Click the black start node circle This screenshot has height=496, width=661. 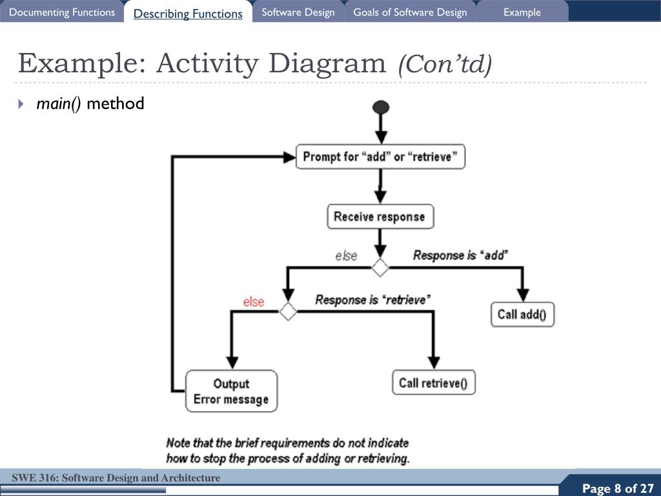[381, 107]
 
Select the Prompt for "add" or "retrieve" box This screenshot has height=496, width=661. [380, 157]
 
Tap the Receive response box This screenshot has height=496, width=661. [380, 216]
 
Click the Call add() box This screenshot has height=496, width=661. [522, 315]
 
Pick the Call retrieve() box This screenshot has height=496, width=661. [433, 383]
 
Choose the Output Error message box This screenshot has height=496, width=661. [231, 391]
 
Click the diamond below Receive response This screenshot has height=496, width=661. [380, 267]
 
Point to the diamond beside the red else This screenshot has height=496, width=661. [288, 311]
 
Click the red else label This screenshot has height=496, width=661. [254, 302]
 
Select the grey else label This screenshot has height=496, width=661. [346, 256]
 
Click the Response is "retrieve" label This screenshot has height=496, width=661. [372, 300]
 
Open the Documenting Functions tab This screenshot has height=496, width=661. [62, 12]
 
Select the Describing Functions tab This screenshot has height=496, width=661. [188, 14]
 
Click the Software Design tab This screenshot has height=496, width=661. [298, 12]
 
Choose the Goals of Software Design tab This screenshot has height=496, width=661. [410, 12]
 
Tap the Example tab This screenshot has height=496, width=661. [522, 12]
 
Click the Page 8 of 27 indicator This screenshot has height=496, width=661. [618, 488]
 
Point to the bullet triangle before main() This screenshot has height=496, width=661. [21, 103]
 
